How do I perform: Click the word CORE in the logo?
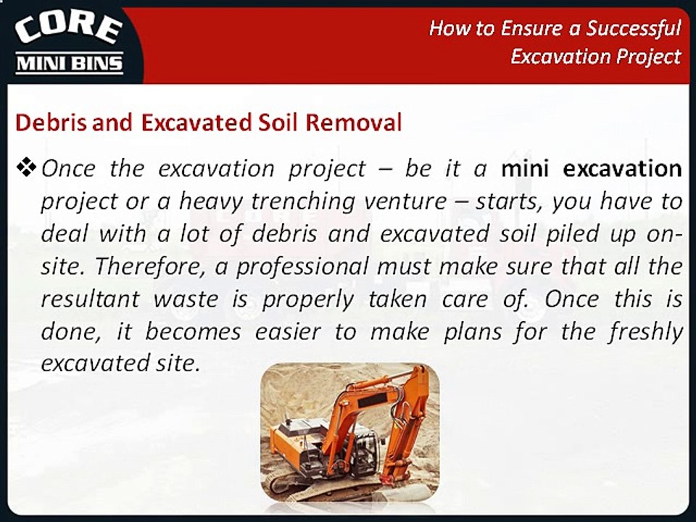coord(68,30)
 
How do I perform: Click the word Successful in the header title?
coord(634,28)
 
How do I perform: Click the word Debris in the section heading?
coord(51,123)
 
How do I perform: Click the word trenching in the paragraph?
coord(303,202)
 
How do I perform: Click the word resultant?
coord(91,299)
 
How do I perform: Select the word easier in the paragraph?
coord(288,332)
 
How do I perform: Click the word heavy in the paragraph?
coord(211,202)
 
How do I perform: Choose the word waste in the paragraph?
coord(186,299)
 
